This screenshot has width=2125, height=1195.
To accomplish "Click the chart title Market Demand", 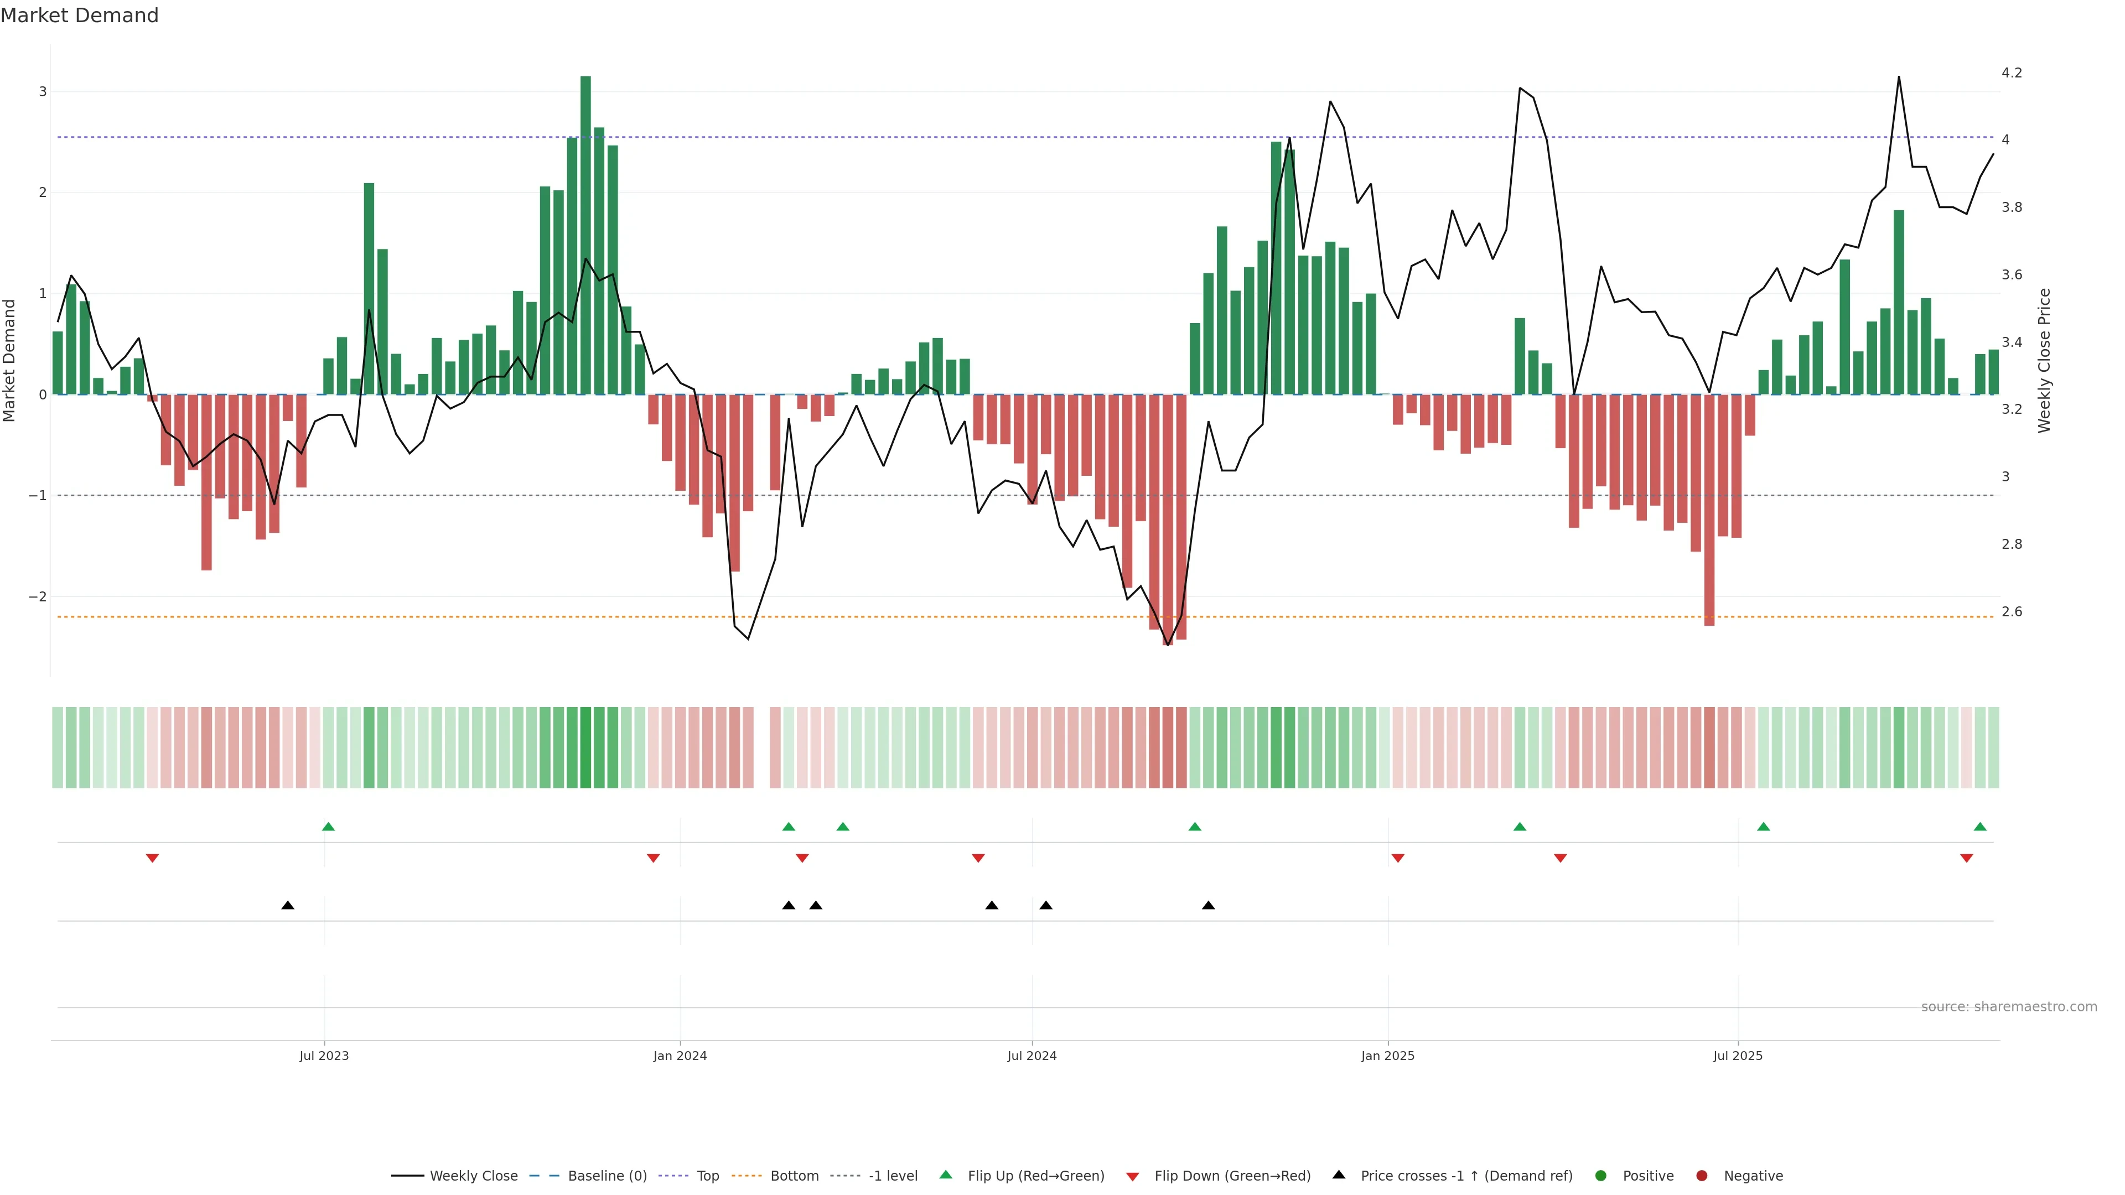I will [x=79, y=15].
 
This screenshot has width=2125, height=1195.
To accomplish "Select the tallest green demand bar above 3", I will [x=585, y=235].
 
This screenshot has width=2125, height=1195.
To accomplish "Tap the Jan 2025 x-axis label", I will [x=1387, y=1056].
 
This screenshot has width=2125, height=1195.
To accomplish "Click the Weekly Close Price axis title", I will [x=2044, y=360].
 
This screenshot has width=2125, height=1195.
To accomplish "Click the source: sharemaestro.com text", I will [x=2009, y=1007].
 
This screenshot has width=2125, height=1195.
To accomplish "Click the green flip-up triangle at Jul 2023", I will [x=328, y=827].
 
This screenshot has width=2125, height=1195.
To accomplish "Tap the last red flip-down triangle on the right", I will [x=1967, y=859].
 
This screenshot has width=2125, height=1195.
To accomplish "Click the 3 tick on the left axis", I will [x=43, y=91].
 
